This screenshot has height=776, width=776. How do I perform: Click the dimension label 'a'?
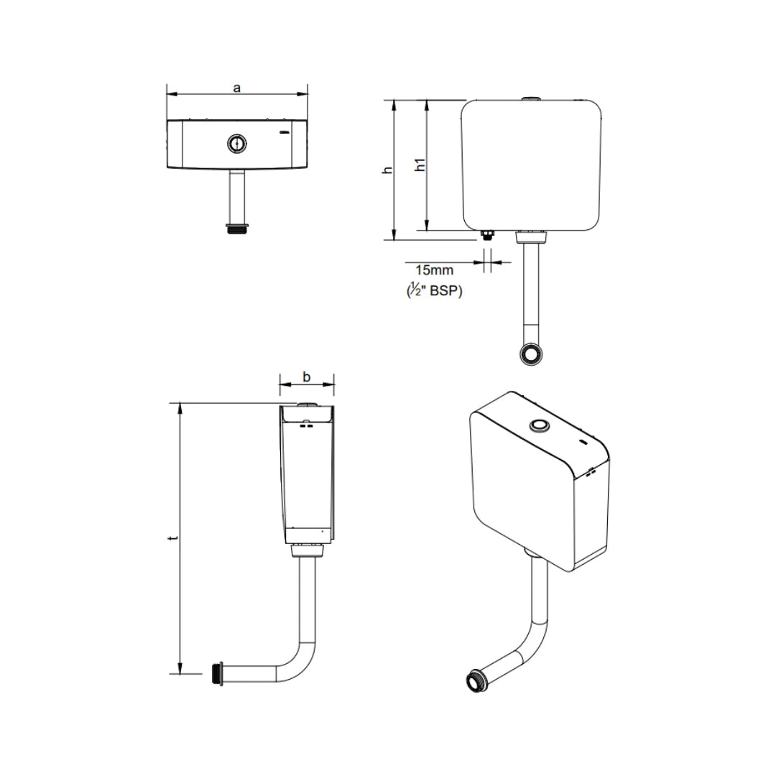coord(236,88)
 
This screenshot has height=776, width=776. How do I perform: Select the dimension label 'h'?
coord(388,170)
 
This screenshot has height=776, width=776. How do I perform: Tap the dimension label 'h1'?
coord(421,165)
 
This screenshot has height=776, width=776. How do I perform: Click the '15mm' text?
coord(435,270)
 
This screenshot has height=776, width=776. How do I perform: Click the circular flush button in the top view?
coord(236,144)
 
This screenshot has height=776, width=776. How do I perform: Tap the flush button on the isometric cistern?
coord(538,426)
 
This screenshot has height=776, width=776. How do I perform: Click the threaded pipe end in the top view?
coord(236,230)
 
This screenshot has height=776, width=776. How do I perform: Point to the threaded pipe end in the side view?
coord(218,673)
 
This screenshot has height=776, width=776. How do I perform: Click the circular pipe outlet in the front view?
coord(532,354)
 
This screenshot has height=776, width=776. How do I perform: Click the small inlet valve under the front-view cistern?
coord(486,234)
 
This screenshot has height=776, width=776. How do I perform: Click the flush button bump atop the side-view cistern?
coord(307,405)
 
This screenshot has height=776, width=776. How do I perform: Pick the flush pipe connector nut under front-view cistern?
coord(532,235)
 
